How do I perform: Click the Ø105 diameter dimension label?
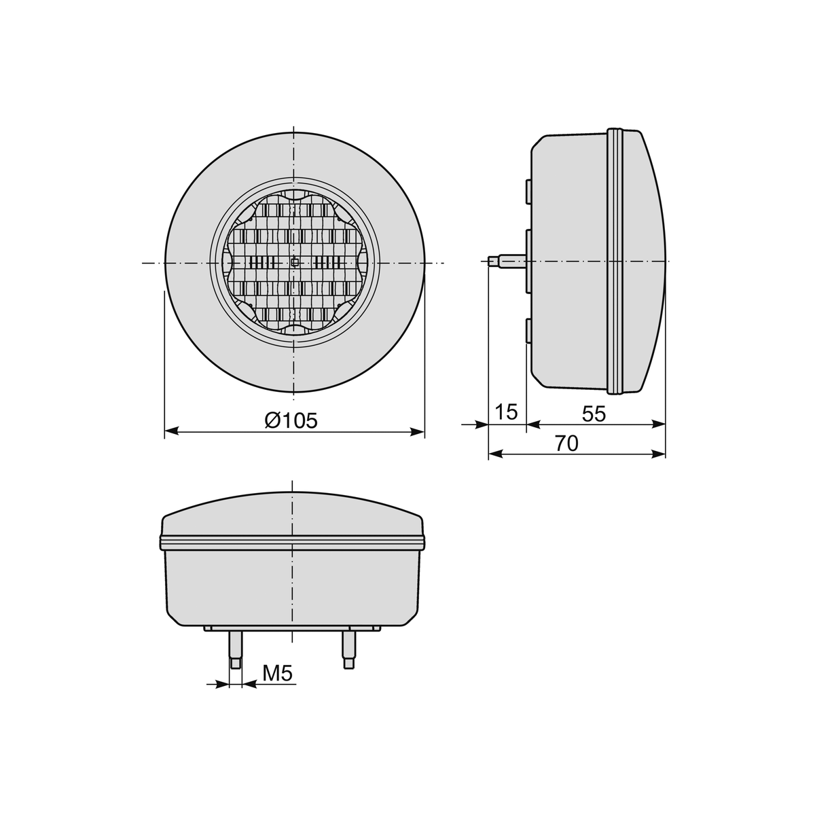click(291, 420)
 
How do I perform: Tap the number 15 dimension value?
click(506, 412)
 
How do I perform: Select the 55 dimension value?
click(594, 414)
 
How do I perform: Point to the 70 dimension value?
click(566, 443)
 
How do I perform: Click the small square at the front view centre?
click(295, 263)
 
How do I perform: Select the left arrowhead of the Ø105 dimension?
click(170, 431)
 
